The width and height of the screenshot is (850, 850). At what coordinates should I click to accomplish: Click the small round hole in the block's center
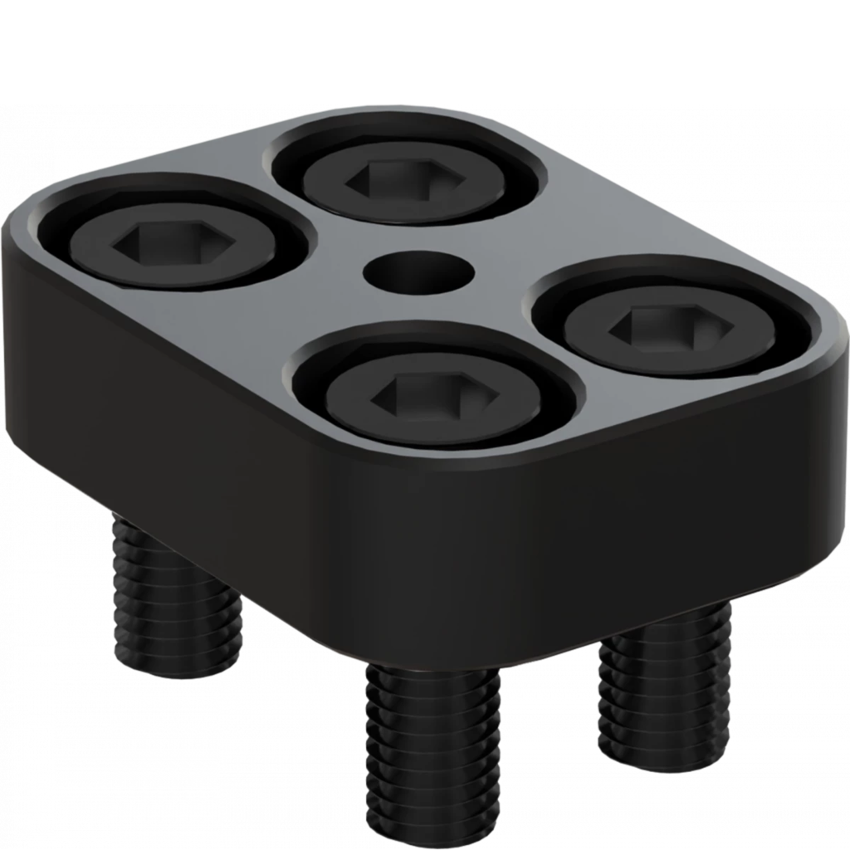pos(418,271)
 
